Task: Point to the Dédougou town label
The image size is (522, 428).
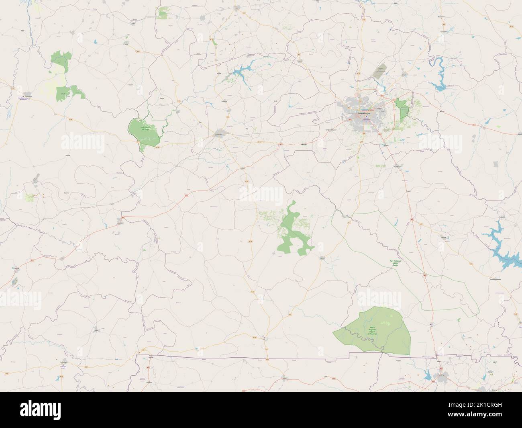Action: point(28,97)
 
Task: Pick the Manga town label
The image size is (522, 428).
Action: point(444,238)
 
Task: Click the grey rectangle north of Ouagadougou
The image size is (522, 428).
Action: point(380,71)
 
